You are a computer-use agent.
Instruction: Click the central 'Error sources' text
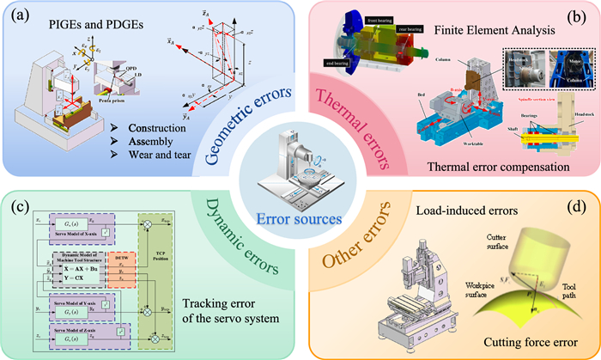[x=300, y=217]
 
